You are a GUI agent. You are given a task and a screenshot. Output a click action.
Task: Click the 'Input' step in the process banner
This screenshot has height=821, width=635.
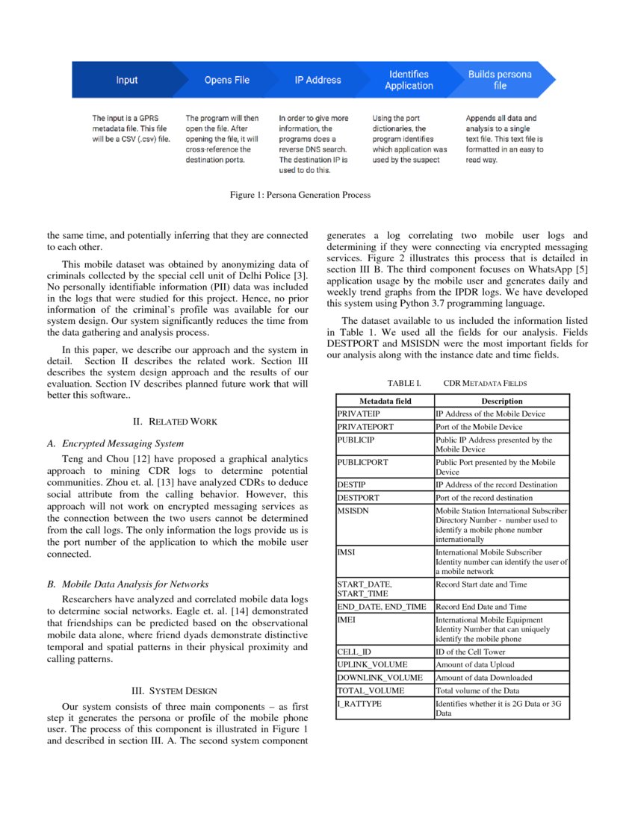tap(126, 80)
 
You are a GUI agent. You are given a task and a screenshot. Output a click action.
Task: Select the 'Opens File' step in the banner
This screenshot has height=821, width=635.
tap(226, 80)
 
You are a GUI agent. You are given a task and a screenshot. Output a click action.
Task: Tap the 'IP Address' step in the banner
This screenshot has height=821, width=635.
tap(319, 80)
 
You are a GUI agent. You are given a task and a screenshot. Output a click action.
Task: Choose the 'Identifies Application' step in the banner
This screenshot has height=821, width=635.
tap(409, 80)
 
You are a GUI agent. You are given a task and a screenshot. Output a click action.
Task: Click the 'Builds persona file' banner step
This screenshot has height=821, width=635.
tap(500, 80)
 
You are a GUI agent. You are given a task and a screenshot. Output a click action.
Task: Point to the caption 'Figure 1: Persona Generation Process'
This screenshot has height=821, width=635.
tap(300, 195)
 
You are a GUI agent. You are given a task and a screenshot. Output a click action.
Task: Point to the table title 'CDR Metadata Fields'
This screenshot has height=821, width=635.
tap(485, 383)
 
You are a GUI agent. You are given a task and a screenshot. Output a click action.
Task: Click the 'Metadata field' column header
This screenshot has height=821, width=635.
tap(385, 401)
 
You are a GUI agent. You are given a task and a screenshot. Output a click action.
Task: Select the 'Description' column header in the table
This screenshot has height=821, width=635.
tap(501, 401)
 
